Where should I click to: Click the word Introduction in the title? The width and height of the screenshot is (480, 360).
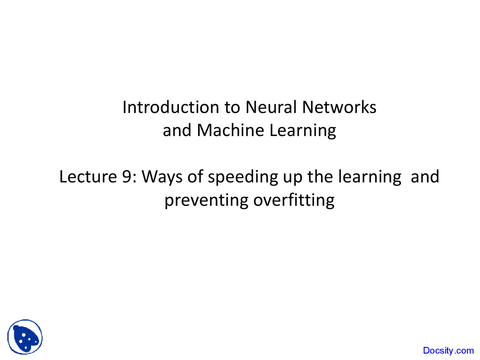pyautogui.click(x=171, y=107)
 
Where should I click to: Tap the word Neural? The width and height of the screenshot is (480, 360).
pyautogui.click(x=271, y=107)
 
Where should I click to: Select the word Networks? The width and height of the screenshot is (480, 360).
pyautogui.click(x=339, y=107)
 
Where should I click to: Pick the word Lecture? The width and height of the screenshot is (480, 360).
pyautogui.click(x=88, y=177)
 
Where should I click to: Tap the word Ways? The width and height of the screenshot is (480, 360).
pyautogui.click(x=162, y=177)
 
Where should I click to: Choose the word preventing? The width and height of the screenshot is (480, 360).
pyautogui.click(x=206, y=201)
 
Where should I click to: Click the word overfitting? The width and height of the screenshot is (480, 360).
pyautogui.click(x=294, y=200)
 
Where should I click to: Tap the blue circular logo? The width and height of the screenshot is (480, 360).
pyautogui.click(x=25, y=337)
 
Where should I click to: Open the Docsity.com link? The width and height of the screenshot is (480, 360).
pyautogui.click(x=448, y=351)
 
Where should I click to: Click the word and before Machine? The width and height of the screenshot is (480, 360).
pyautogui.click(x=177, y=130)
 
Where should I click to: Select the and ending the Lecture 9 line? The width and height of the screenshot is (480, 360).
pyautogui.click(x=425, y=177)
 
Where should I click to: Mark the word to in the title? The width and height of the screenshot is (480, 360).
pyautogui.click(x=232, y=108)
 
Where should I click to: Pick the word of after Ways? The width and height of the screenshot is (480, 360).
pyautogui.click(x=195, y=177)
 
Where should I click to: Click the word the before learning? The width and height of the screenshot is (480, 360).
pyautogui.click(x=321, y=177)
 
